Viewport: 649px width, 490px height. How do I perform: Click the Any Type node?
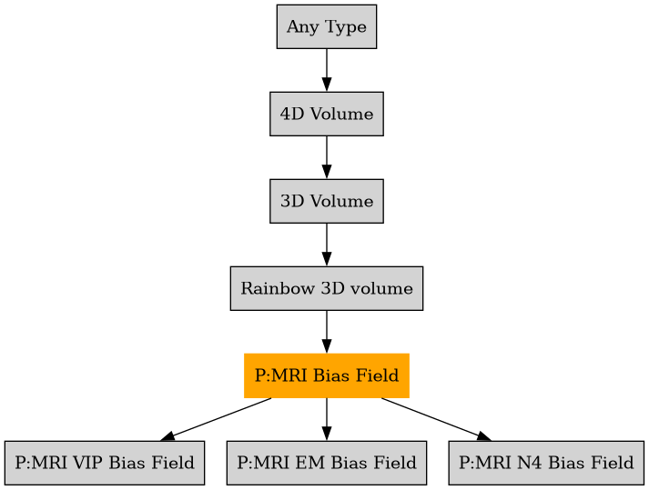pyautogui.click(x=326, y=26)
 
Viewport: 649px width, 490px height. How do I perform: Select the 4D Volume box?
pyautogui.click(x=326, y=114)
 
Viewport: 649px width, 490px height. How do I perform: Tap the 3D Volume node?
pyautogui.click(x=326, y=201)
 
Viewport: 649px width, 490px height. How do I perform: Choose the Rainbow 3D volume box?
pyautogui.click(x=326, y=288)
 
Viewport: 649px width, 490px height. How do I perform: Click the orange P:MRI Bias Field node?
pyautogui.click(x=326, y=375)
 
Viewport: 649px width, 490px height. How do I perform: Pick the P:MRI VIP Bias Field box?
pyautogui.click(x=104, y=463)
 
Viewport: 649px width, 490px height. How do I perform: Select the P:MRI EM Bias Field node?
pyautogui.click(x=326, y=463)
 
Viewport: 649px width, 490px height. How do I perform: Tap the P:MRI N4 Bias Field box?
pyautogui.click(x=546, y=463)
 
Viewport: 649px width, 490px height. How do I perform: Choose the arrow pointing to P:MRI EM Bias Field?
pyautogui.click(x=326, y=419)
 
